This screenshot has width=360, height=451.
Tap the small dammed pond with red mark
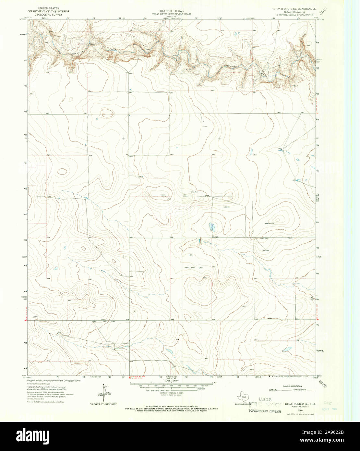200,241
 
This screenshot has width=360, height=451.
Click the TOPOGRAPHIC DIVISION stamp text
264,411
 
